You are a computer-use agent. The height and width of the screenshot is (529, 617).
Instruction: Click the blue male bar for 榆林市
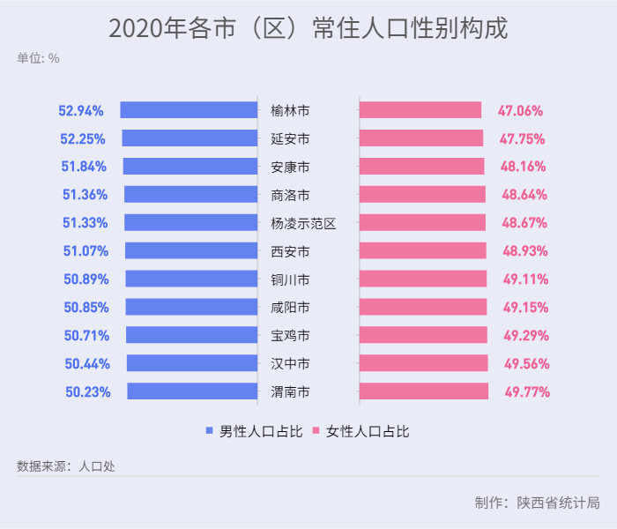pyautogui.click(x=189, y=110)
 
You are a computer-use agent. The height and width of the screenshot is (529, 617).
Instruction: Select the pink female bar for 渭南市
pyautogui.click(x=424, y=391)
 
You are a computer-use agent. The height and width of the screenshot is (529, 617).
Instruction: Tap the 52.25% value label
pyautogui.click(x=83, y=138)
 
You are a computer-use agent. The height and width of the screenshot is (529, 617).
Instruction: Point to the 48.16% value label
pyautogui.click(x=524, y=167)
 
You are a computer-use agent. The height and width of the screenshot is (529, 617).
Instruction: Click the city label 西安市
pyautogui.click(x=290, y=251)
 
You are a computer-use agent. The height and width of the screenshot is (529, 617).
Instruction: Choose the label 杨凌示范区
pyautogui.click(x=303, y=223)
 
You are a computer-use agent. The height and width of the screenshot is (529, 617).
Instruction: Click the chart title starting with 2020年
pyautogui.click(x=308, y=28)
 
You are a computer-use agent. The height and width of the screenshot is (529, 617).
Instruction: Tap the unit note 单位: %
pyautogui.click(x=38, y=58)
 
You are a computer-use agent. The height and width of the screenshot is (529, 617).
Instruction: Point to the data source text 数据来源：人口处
pyautogui.click(x=65, y=466)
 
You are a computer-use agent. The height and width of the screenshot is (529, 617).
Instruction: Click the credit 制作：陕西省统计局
pyautogui.click(x=537, y=503)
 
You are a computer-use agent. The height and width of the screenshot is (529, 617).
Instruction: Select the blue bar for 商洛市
pyautogui.click(x=190, y=195)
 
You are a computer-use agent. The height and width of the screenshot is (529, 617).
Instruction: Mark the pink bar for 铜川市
pyautogui.click(x=423, y=279)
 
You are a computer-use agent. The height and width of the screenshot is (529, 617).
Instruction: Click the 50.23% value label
pyautogui.click(x=87, y=392)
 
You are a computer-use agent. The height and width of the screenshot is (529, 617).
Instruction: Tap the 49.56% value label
pyautogui.click(x=526, y=364)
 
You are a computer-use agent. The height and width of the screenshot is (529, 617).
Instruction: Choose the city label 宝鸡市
pyautogui.click(x=290, y=336)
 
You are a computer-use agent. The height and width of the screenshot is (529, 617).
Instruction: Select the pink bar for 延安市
pyautogui.click(x=421, y=138)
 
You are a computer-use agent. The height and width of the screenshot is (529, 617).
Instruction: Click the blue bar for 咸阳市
pyautogui.click(x=191, y=308)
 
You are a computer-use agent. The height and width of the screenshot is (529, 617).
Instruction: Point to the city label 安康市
pyautogui.click(x=290, y=167)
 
